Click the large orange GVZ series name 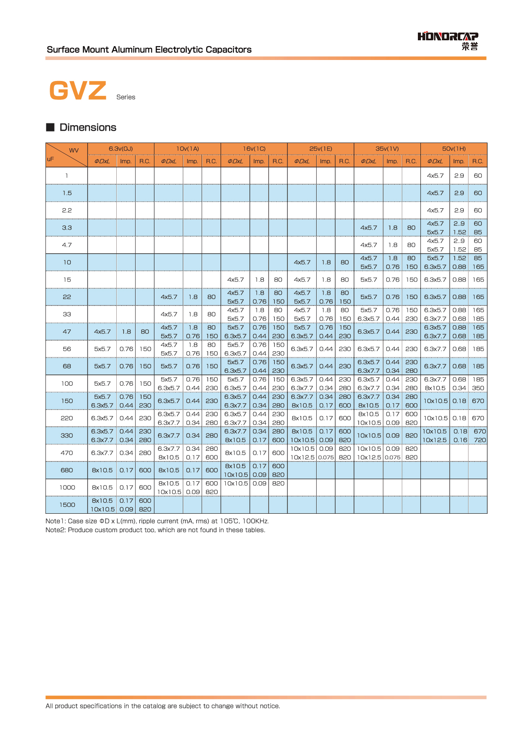[x=78, y=91]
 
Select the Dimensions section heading [x=88, y=127]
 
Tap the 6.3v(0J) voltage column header [x=121, y=149]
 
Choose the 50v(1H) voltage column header [x=453, y=149]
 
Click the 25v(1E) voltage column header [x=320, y=149]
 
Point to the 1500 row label [x=67, y=505]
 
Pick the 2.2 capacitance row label [x=67, y=210]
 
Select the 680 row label [x=67, y=470]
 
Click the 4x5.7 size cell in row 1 [x=435, y=176]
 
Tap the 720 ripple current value [x=480, y=440]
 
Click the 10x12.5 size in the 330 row [x=435, y=440]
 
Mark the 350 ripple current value [x=478, y=388]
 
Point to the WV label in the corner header [x=74, y=150]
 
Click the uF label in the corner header [x=51, y=159]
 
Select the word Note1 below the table [x=55, y=521]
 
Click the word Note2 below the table [x=55, y=530]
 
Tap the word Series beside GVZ [x=126, y=97]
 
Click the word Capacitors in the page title [x=228, y=50]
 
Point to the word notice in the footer [x=270, y=706]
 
